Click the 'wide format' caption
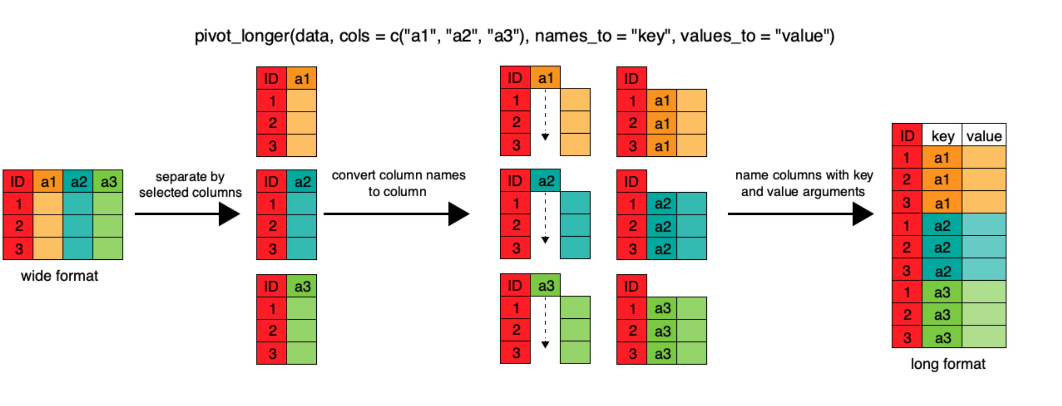coord(59,275)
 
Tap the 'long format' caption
coord(948,363)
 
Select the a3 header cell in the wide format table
coord(108,181)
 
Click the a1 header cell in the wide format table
coord(48,181)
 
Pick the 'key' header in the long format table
coord(942,135)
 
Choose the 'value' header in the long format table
coord(984,135)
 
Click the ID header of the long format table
coord(907,135)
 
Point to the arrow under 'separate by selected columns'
coord(188,214)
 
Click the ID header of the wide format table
coord(18,181)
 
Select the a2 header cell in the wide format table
coord(78,181)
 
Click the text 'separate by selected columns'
coord(190,184)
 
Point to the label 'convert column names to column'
coord(398,183)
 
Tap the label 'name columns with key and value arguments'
coord(804,183)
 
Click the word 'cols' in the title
coord(354,36)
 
